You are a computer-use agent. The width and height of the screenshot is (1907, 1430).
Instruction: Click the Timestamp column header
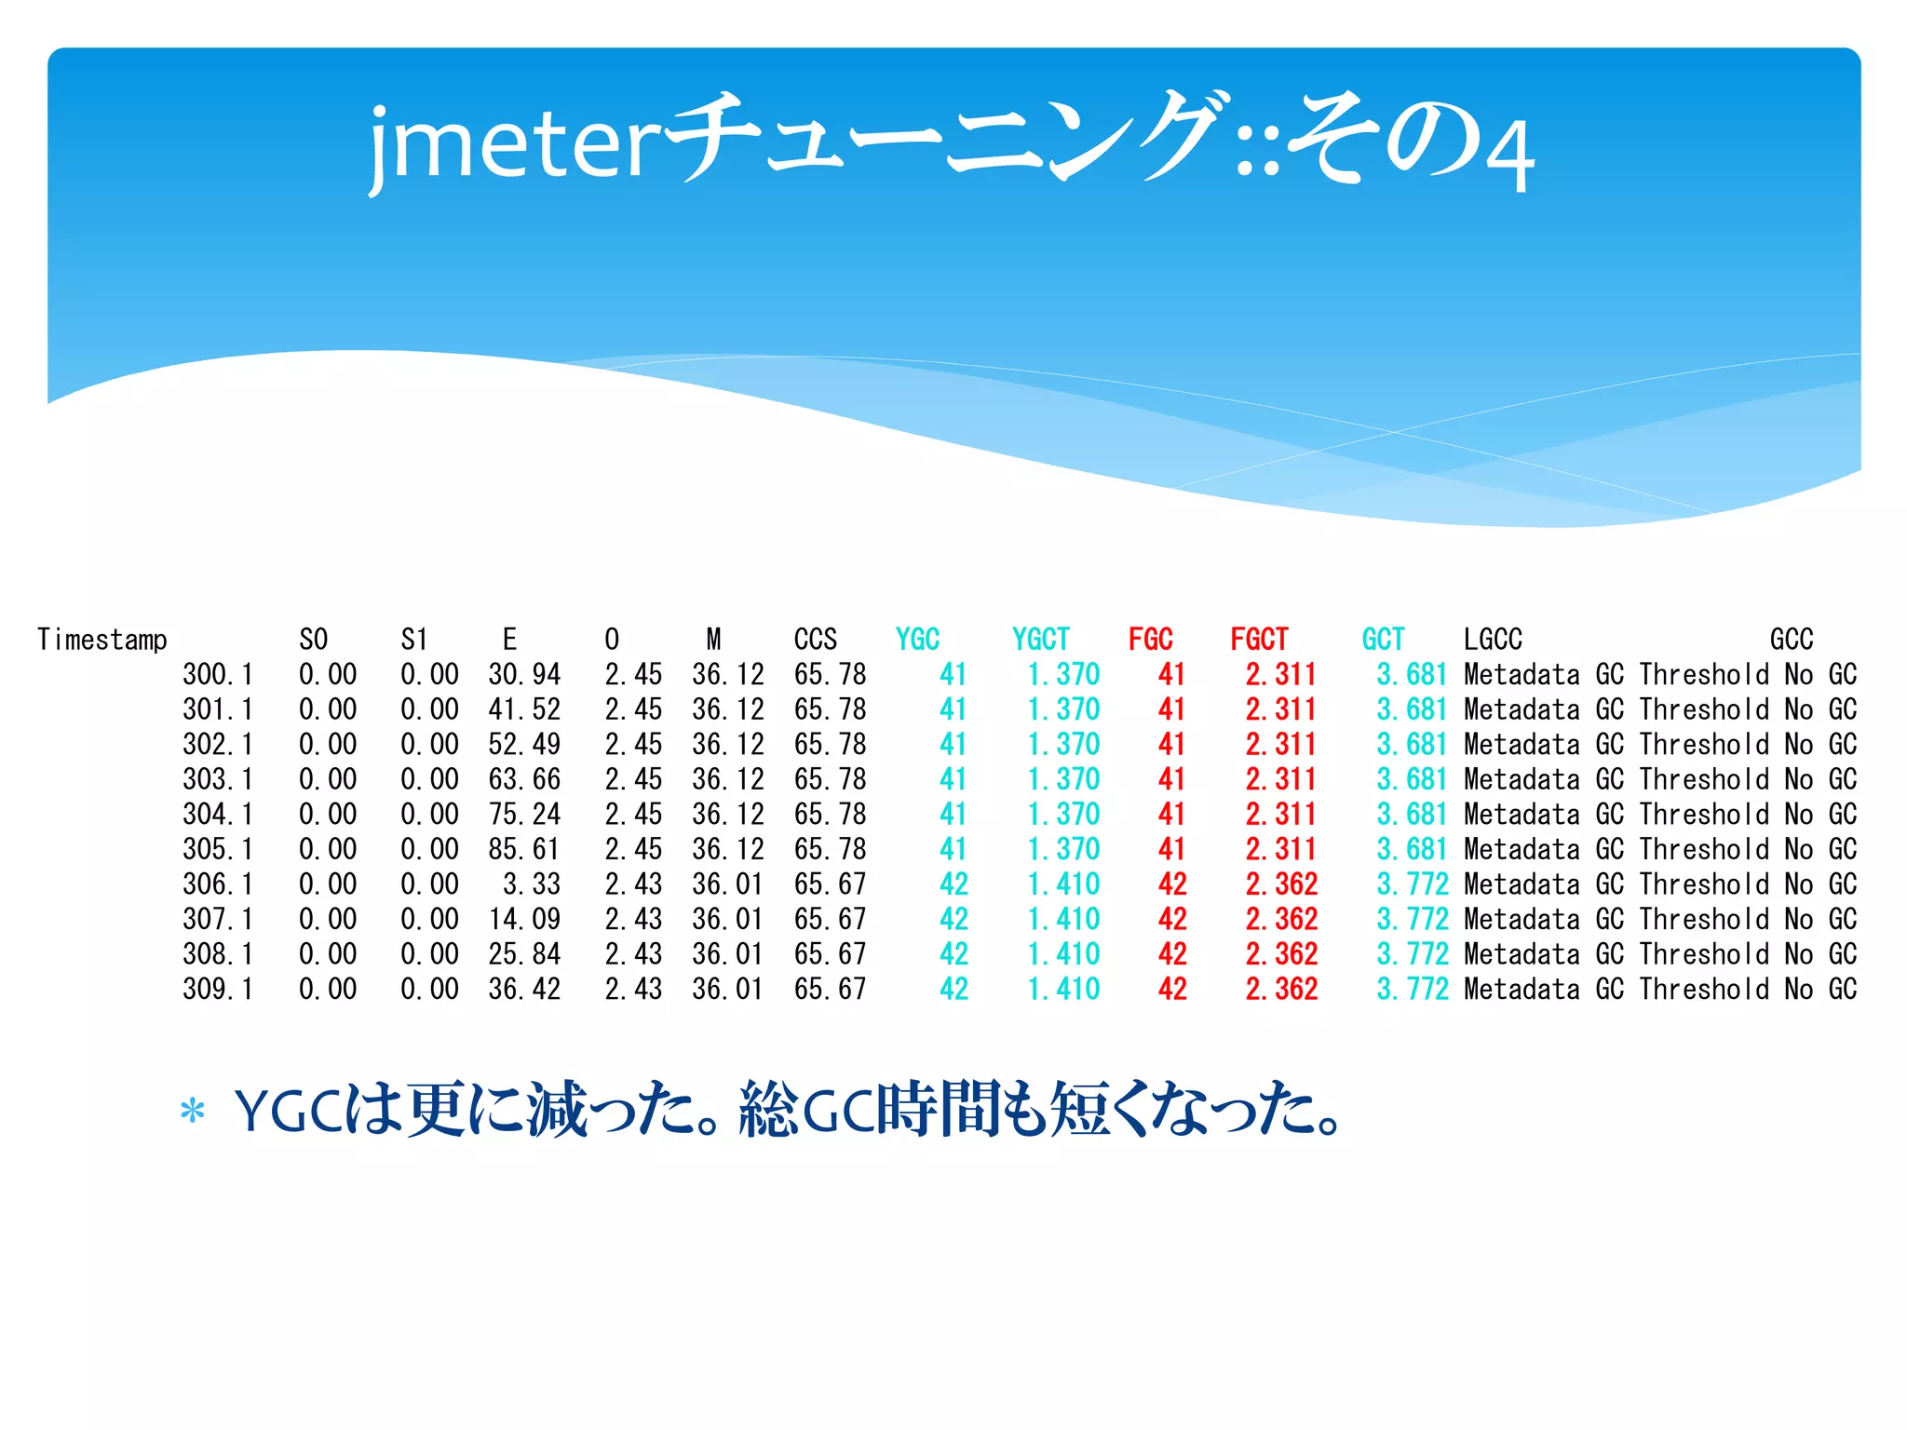click(102, 640)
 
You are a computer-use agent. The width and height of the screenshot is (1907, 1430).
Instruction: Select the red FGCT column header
click(1259, 640)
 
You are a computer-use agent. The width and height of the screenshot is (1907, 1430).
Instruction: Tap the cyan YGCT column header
click(1041, 640)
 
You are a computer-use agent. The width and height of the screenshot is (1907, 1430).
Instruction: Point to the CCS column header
click(816, 640)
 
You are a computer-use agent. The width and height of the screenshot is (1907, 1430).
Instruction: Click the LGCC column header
click(1493, 640)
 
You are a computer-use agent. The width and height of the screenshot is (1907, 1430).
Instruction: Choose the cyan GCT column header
click(1383, 640)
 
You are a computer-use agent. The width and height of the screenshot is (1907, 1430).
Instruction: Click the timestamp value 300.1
click(218, 674)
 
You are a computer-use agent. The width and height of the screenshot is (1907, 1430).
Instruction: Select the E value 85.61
click(524, 849)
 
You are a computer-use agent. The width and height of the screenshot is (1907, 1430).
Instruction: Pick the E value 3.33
click(532, 884)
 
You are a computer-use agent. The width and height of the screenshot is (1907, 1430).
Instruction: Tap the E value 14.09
click(524, 920)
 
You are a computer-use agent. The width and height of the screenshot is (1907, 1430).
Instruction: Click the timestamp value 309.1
click(218, 990)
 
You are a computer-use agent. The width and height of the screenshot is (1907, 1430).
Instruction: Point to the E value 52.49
click(524, 745)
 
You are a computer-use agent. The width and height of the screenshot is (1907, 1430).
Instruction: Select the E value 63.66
click(524, 779)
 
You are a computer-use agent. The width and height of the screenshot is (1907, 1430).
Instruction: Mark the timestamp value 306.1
click(218, 884)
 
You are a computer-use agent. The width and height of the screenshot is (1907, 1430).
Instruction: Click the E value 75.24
click(524, 815)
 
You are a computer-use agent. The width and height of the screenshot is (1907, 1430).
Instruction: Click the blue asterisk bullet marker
click(193, 1112)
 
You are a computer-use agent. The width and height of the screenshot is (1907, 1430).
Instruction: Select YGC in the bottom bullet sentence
click(289, 1112)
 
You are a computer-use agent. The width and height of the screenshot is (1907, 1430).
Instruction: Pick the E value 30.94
click(524, 674)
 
